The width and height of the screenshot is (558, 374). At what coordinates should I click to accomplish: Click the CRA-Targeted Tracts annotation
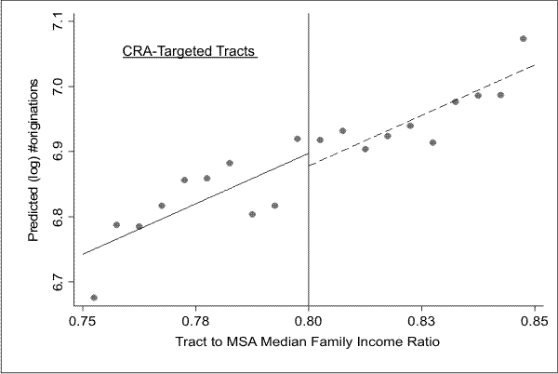[190, 52]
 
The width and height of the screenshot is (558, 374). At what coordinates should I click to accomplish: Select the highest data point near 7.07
[523, 39]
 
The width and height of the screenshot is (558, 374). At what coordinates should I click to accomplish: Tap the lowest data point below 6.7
[94, 298]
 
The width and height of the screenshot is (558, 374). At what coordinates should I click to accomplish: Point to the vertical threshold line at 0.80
[309, 233]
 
